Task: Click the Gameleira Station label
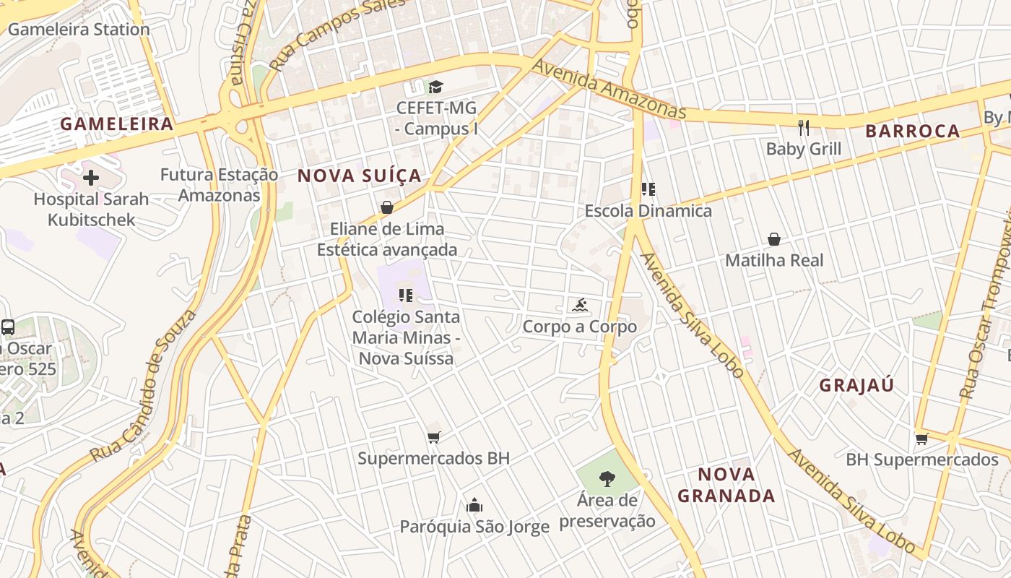tap(79, 30)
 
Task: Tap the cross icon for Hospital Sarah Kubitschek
tap(91, 177)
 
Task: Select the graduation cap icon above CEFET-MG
tap(435, 87)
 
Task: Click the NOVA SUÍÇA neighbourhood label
tap(360, 176)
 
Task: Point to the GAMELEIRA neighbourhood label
tap(117, 124)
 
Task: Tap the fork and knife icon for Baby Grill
tap(803, 128)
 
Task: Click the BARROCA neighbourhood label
tap(913, 131)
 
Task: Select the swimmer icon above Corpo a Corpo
tap(580, 306)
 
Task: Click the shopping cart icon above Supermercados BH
tap(433, 437)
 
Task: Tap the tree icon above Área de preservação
tap(607, 478)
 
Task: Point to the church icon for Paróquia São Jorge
tap(474, 505)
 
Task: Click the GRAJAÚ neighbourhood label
tap(856, 385)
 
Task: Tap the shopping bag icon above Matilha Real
tap(774, 239)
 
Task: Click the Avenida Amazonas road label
tap(609, 89)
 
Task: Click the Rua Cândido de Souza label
tap(143, 387)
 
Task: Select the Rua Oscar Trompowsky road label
tap(987, 303)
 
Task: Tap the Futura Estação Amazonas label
tap(219, 185)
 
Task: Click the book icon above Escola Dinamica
tap(648, 189)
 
